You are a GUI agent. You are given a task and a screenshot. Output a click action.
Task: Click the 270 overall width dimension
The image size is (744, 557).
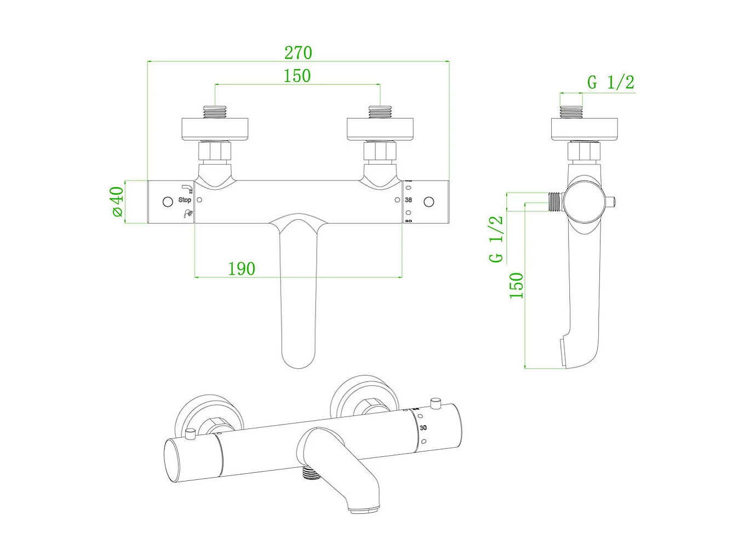click(298, 53)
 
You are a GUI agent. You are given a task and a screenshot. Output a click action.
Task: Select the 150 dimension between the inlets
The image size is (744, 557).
click(297, 76)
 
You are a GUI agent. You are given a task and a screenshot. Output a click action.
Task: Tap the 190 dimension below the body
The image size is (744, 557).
click(242, 269)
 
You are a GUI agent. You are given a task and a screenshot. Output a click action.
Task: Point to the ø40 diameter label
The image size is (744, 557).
click(117, 202)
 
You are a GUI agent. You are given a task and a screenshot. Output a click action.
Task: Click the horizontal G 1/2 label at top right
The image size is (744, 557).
click(610, 83)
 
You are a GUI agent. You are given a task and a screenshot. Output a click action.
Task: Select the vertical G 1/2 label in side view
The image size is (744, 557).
click(496, 239)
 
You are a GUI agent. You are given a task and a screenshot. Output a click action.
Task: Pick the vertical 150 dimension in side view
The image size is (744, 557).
click(517, 286)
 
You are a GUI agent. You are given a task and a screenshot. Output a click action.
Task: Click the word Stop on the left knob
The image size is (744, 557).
click(185, 200)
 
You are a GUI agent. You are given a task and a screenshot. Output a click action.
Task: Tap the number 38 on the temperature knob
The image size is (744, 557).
click(408, 200)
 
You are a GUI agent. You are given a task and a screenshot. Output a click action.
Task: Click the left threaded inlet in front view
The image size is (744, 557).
click(215, 112)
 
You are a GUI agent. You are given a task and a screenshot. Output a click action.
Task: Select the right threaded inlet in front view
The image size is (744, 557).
click(380, 112)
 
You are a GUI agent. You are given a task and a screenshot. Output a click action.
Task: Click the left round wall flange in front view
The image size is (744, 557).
click(215, 129)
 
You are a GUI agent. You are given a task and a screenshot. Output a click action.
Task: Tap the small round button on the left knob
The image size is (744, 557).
click(168, 202)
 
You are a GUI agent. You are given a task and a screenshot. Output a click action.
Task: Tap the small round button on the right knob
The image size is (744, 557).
click(429, 202)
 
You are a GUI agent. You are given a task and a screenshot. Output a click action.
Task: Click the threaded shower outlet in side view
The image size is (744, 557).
click(556, 202)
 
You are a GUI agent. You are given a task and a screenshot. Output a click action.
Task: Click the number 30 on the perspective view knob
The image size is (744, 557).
click(423, 427)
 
